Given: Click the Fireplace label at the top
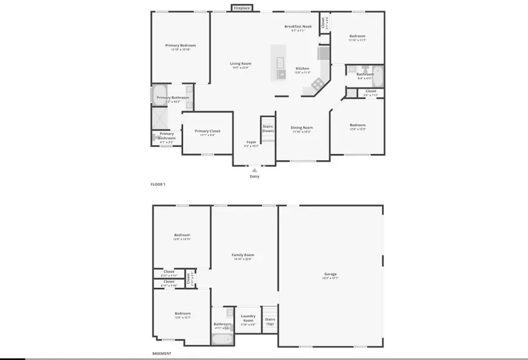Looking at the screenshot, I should pyautogui.click(x=242, y=8).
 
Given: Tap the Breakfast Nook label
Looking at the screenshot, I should pyautogui.click(x=298, y=26).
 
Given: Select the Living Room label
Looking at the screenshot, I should pyautogui.click(x=241, y=64).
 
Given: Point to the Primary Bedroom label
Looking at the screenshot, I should pyautogui.click(x=180, y=45).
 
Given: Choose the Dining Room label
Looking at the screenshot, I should pyautogui.click(x=303, y=127).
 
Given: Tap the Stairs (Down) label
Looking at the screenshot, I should pyautogui.click(x=268, y=128).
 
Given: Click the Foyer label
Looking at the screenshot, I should pyautogui.click(x=251, y=142).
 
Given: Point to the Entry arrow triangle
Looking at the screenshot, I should pyautogui.click(x=255, y=170).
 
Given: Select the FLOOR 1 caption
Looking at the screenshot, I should pyautogui.click(x=158, y=184).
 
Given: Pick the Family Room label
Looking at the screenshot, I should pyautogui.click(x=242, y=255).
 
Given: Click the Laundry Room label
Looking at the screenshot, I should pyautogui.click(x=248, y=318).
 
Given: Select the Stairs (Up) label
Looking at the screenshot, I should pyautogui.click(x=270, y=321).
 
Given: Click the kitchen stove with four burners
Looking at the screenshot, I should pyautogui.click(x=317, y=84).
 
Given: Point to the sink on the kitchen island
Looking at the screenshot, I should pyautogui.click(x=279, y=63).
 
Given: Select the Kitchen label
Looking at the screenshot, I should pyautogui.click(x=302, y=69).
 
